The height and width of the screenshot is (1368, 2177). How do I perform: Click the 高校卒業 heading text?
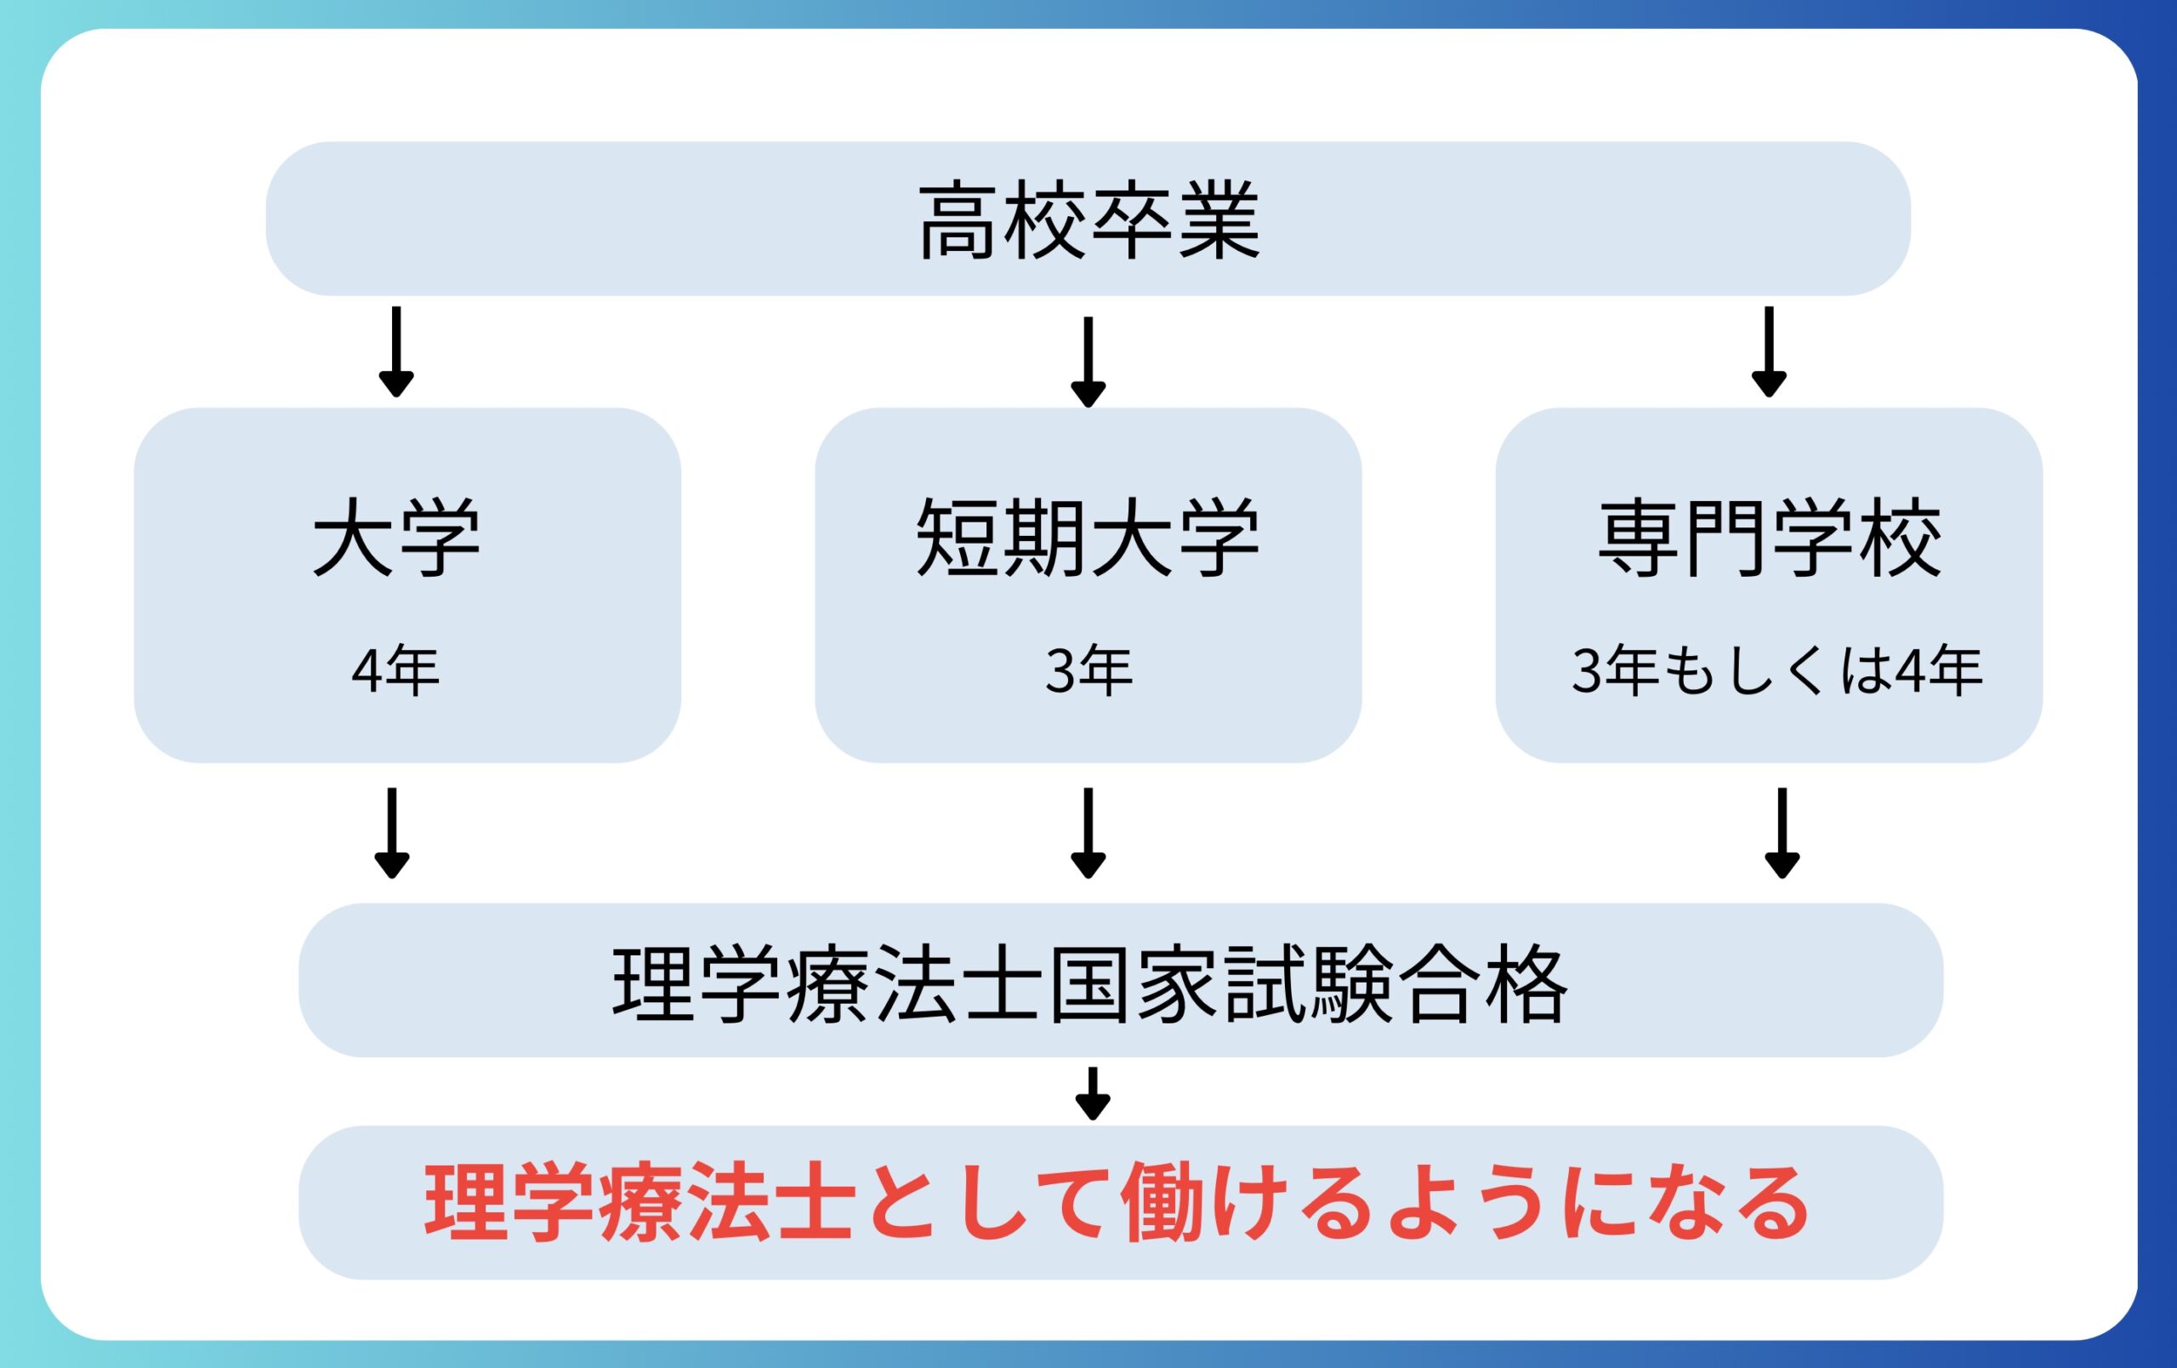click(1088, 219)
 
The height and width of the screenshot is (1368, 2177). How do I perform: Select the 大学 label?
click(397, 536)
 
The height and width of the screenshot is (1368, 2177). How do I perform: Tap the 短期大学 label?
click(1088, 536)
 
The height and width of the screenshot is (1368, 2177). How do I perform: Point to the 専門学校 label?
click(1770, 536)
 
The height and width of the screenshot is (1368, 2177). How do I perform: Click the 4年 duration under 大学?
click(396, 671)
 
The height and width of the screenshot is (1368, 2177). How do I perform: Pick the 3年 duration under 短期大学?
click(1088, 671)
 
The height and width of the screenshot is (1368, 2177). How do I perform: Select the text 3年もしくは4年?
click(1777, 671)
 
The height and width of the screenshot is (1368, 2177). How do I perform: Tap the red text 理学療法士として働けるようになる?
click(1117, 1203)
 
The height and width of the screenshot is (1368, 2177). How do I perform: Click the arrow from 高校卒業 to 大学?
click(396, 351)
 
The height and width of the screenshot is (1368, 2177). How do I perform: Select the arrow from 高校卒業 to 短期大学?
click(1088, 362)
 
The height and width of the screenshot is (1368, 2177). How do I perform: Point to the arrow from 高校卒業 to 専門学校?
click(1770, 351)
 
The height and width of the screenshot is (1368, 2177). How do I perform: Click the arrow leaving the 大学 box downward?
click(391, 833)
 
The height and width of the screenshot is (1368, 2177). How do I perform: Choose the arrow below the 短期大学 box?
click(1088, 833)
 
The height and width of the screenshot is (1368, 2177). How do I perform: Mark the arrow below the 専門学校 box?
click(1782, 833)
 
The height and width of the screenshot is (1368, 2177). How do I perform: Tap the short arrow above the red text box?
click(1092, 1093)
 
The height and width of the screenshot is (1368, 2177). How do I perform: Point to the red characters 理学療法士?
click(640, 1203)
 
